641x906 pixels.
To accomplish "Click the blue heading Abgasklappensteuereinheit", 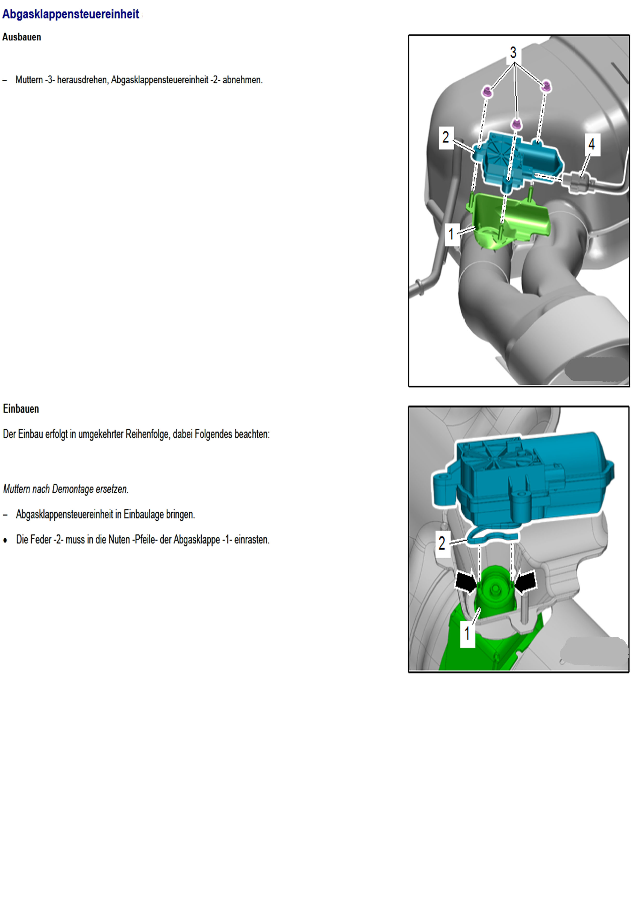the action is pyautogui.click(x=71, y=14).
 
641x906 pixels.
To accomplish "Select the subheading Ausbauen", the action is pyautogui.click(x=22, y=37).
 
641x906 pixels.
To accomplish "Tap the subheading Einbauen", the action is pyautogui.click(x=21, y=409).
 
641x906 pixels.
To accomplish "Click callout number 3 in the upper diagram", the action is pyautogui.click(x=513, y=52).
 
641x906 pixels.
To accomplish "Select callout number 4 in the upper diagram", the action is pyautogui.click(x=592, y=144).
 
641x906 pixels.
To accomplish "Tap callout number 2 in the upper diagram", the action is pyautogui.click(x=446, y=137).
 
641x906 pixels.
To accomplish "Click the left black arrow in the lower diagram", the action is pyautogui.click(x=467, y=581).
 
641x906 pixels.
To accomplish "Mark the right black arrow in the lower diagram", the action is pyautogui.click(x=525, y=581).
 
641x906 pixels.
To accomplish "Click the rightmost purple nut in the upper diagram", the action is pyautogui.click(x=546, y=86).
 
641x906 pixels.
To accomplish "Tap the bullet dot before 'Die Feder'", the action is pyautogui.click(x=5, y=540).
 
